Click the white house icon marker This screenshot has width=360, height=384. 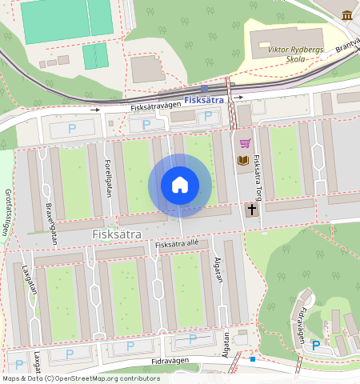coord(180,186)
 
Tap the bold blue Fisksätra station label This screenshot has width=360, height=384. coord(203,100)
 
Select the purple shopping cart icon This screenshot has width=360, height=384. coord(245,143)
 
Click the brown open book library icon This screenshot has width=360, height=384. coord(242,161)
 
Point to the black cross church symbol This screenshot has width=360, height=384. coord(251,210)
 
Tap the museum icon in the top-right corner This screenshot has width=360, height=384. coord(346,15)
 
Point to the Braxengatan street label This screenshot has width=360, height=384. coord(51,225)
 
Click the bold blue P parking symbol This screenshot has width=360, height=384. coord(315,345)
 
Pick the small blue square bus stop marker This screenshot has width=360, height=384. coord(253,359)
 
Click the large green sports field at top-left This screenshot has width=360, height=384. coord(67,21)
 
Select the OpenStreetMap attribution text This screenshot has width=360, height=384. coord(80,378)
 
